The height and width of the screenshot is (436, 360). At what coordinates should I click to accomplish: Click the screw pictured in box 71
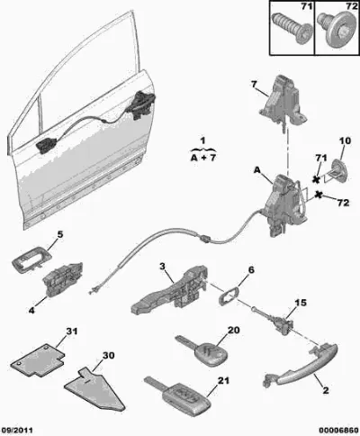(291, 28)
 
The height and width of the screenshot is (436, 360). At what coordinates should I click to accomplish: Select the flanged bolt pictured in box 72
(337, 30)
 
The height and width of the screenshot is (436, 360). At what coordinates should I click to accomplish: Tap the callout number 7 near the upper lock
(254, 85)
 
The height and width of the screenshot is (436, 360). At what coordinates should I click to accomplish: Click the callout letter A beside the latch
(257, 170)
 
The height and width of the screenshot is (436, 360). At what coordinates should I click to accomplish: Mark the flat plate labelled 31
(38, 361)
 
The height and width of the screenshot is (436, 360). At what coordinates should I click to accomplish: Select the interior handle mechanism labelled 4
(63, 278)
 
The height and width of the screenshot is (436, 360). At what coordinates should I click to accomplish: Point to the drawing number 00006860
(338, 431)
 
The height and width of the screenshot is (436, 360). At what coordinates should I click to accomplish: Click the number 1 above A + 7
(203, 141)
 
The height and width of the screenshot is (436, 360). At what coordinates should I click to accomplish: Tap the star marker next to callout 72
(319, 195)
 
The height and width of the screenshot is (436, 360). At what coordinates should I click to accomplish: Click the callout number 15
(301, 303)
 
